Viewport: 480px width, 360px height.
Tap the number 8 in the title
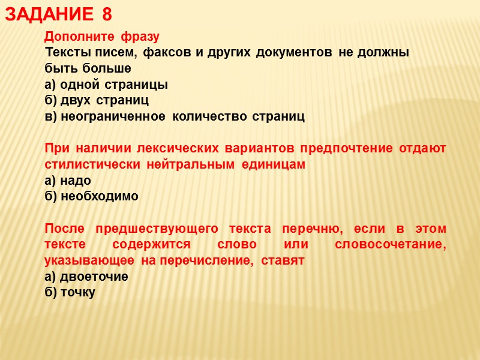coord(107,15)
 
